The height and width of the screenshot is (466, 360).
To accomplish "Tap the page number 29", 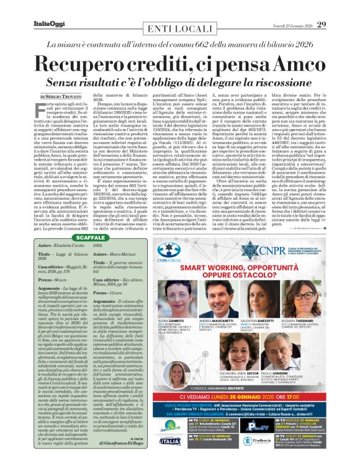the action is [322, 24].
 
